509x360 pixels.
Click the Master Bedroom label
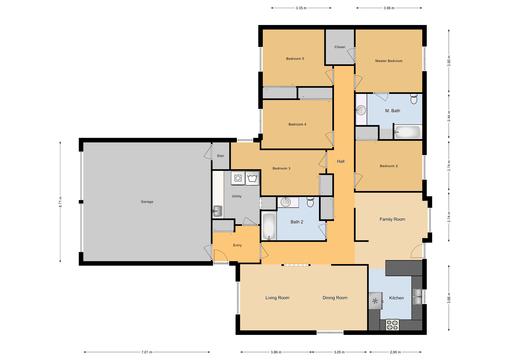tap(388, 62)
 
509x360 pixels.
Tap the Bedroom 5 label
tap(294, 59)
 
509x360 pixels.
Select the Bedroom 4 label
tap(296, 124)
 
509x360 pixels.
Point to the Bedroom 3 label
tap(281, 168)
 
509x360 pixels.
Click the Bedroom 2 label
tap(389, 165)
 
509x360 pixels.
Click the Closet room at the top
tap(340, 47)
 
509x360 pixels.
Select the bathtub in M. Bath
tap(406, 131)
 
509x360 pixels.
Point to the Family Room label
tap(391, 218)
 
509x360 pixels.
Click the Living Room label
tap(277, 298)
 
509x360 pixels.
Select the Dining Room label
tap(334, 298)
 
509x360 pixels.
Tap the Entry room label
tap(237, 245)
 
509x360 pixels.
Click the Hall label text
tap(340, 161)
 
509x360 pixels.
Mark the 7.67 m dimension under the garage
tap(146, 352)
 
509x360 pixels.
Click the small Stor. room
tap(220, 156)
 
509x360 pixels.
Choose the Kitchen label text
tap(395, 298)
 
